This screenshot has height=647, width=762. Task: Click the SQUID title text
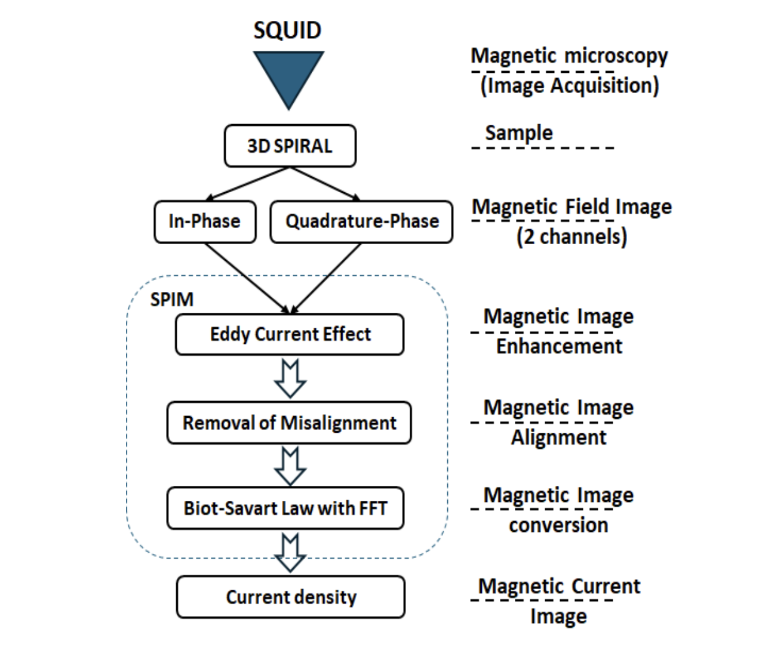[287, 30]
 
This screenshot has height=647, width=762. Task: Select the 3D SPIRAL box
[290, 146]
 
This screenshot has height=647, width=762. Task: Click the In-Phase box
[204, 221]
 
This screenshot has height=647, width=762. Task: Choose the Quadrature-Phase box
[361, 221]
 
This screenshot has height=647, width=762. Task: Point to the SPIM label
[172, 298]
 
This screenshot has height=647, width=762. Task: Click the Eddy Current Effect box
[290, 334]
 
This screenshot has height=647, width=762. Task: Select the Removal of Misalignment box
[289, 423]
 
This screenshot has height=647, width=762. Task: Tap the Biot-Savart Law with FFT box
[285, 509]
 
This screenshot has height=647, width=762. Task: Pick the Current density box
[291, 597]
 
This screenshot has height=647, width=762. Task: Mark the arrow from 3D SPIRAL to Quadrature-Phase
[325, 183]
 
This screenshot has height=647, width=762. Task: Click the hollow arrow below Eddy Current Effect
[290, 378]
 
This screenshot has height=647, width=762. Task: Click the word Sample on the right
[518, 133]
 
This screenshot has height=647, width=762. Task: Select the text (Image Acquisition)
[569, 85]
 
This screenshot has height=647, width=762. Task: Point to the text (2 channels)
[571, 237]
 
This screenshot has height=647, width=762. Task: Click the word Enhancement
[559, 346]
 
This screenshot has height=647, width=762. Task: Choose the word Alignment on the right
[558, 438]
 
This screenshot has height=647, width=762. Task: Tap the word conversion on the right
[558, 525]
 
